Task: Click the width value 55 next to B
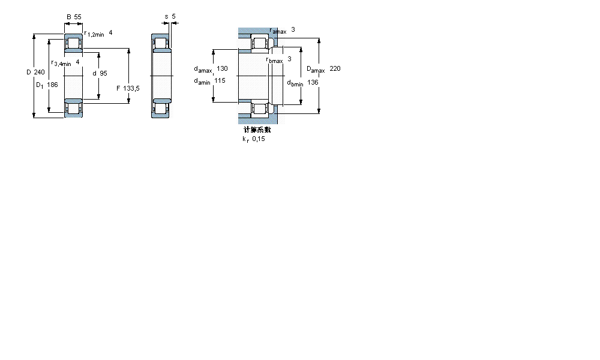click(77, 17)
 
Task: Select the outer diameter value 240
click(39, 72)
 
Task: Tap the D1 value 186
click(52, 85)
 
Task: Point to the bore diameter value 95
click(103, 73)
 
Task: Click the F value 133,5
click(131, 88)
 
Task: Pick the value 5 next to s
click(173, 17)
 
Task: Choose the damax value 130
click(222, 68)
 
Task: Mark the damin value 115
click(219, 80)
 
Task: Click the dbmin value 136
click(313, 82)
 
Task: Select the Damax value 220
click(335, 68)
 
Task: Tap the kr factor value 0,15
click(258, 139)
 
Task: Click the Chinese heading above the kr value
click(257, 129)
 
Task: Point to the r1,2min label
click(94, 34)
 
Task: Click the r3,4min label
click(61, 63)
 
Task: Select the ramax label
click(278, 31)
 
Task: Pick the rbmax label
click(274, 59)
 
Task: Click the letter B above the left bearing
click(68, 17)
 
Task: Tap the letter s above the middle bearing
click(166, 17)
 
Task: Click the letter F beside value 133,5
click(118, 88)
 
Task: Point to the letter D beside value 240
click(28, 72)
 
